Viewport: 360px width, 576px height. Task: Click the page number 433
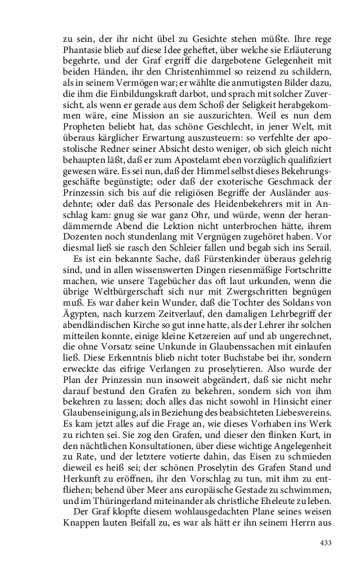(x=326, y=543)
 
